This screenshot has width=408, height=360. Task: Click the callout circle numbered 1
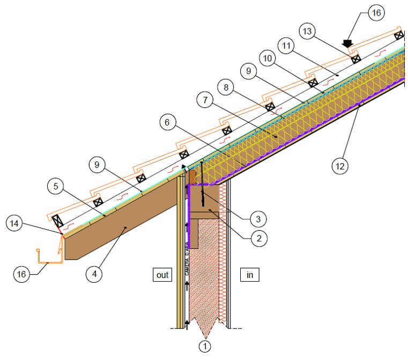pos(204,346)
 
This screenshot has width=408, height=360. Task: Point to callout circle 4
pos(94,274)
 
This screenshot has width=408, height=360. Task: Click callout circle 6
pos(167,122)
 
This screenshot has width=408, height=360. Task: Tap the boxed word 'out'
pos(161,275)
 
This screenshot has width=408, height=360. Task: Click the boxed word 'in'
pos(249,275)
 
